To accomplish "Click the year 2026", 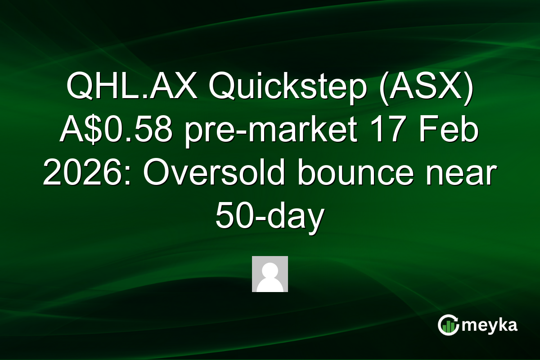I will click(79, 175).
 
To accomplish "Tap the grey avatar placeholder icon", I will click(270, 274).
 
